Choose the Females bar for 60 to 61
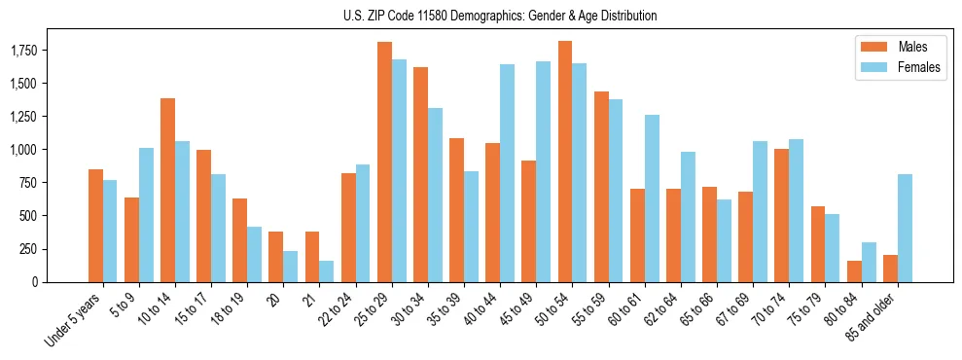coord(652,198)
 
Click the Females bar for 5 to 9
coord(146,214)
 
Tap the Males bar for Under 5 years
coord(95,225)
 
